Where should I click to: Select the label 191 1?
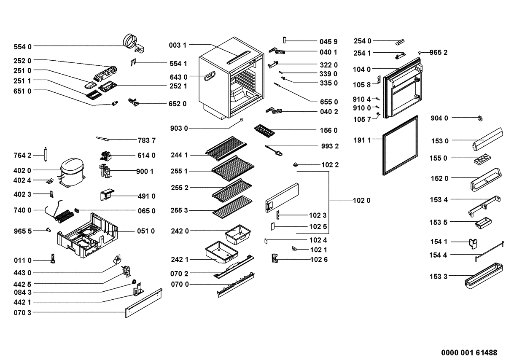point(363,140)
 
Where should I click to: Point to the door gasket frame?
point(400,145)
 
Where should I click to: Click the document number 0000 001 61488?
point(469,352)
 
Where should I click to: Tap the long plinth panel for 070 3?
point(143,303)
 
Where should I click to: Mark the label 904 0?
point(440,118)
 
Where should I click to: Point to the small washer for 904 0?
point(480,118)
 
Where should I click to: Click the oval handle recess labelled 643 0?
point(210,76)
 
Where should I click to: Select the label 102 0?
point(362,201)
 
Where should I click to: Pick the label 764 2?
point(23,156)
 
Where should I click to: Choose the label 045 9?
point(329,42)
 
